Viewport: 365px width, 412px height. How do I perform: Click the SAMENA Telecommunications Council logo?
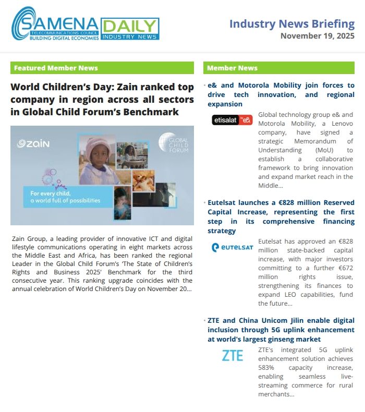[55, 25]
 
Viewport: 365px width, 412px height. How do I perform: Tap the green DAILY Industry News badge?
[130, 29]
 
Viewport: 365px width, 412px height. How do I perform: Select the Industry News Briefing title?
[291, 24]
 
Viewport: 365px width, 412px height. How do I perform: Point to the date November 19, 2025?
[317, 36]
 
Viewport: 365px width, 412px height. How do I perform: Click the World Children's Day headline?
[102, 99]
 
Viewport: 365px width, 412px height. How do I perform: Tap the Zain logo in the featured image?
[33, 143]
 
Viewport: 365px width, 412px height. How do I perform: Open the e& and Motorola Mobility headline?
[281, 94]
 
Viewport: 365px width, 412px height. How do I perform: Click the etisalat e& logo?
[232, 120]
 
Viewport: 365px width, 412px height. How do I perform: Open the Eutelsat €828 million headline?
[281, 216]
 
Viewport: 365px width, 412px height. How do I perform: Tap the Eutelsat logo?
[232, 247]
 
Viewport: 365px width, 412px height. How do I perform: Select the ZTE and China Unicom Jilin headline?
[281, 330]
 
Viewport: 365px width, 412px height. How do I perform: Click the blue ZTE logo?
[232, 356]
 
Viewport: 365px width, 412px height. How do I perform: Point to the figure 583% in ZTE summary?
[266, 368]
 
